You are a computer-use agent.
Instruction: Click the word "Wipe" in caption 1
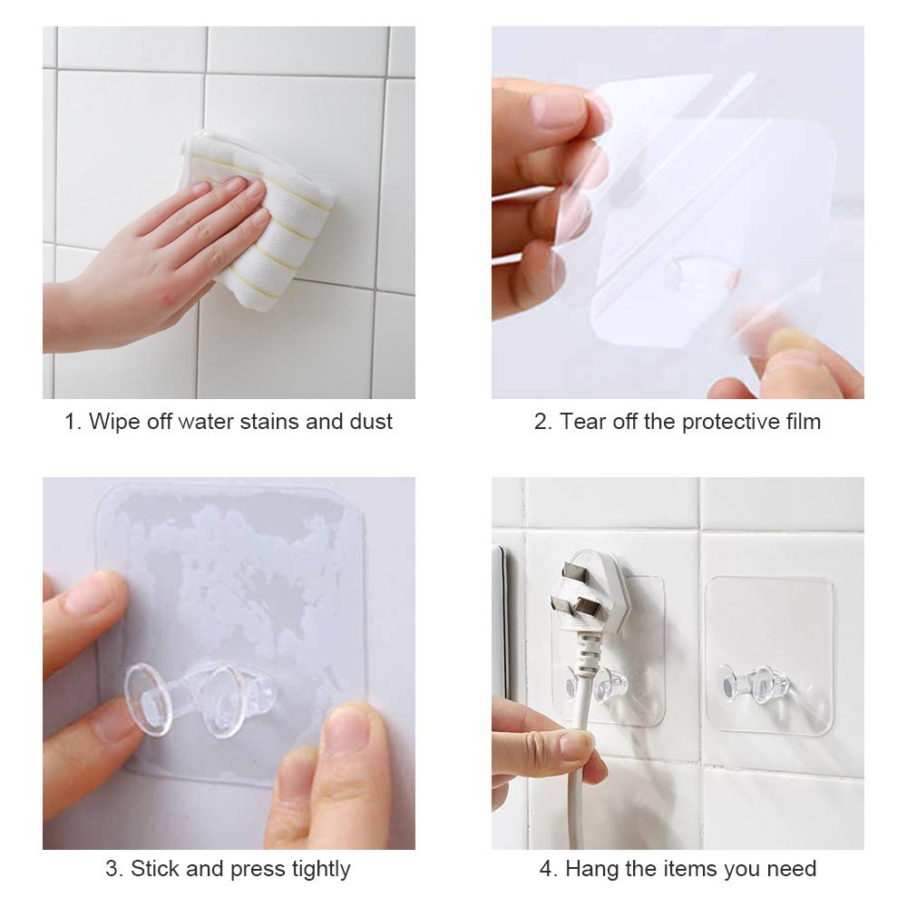click(x=113, y=422)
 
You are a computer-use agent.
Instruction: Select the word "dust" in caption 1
click(x=371, y=422)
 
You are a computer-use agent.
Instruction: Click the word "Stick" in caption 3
click(x=155, y=869)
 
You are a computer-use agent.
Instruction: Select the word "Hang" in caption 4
click(x=590, y=869)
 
